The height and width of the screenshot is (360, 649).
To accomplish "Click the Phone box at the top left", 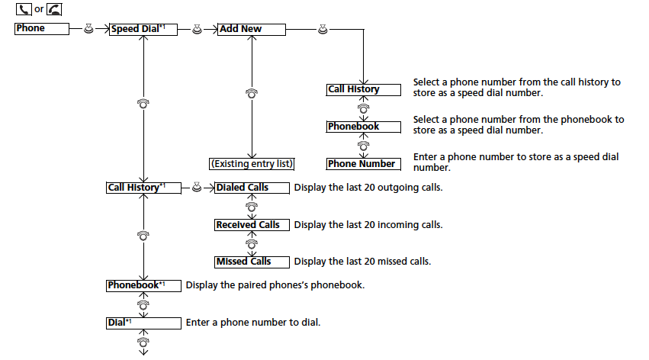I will [42, 29].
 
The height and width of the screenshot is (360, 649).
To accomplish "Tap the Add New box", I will [251, 29].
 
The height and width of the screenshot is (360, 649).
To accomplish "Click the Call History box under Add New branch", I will [363, 89].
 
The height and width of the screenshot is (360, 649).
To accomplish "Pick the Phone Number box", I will [363, 164].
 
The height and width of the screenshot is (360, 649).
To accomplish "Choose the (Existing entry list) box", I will [252, 164].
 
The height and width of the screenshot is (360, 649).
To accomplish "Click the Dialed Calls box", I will [252, 188].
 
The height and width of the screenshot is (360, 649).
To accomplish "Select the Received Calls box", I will [252, 225].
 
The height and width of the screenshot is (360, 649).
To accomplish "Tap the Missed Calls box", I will [252, 262].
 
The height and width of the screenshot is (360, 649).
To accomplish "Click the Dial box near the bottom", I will [143, 323].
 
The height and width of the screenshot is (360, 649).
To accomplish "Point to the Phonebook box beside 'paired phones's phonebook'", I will [143, 285].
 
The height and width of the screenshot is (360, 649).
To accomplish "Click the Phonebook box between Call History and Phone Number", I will [363, 127].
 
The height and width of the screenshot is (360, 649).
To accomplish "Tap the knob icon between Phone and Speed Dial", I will [89, 29].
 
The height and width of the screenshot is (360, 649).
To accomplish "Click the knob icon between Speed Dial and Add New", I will [198, 29].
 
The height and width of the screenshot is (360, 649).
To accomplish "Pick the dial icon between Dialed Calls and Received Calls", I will [252, 206].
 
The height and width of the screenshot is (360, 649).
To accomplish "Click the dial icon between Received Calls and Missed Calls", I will [252, 243].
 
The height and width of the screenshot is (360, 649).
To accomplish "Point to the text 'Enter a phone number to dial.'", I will [252, 323].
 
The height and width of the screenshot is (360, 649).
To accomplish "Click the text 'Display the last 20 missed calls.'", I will [362, 262].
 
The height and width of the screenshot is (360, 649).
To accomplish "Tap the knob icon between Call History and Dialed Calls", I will [198, 188].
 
